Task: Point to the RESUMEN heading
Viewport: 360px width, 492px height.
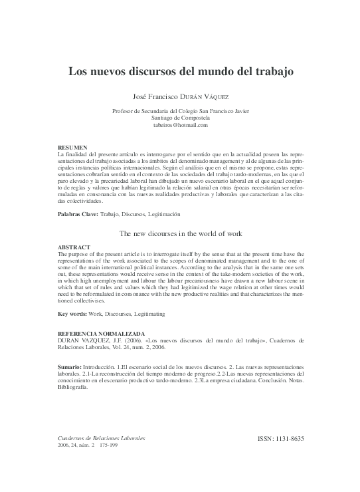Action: [72, 146]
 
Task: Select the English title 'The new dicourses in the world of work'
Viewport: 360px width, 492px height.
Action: [180, 234]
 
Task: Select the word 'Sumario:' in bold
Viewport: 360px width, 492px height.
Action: [70, 367]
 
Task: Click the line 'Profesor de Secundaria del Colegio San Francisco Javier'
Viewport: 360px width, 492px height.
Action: [181, 110]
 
